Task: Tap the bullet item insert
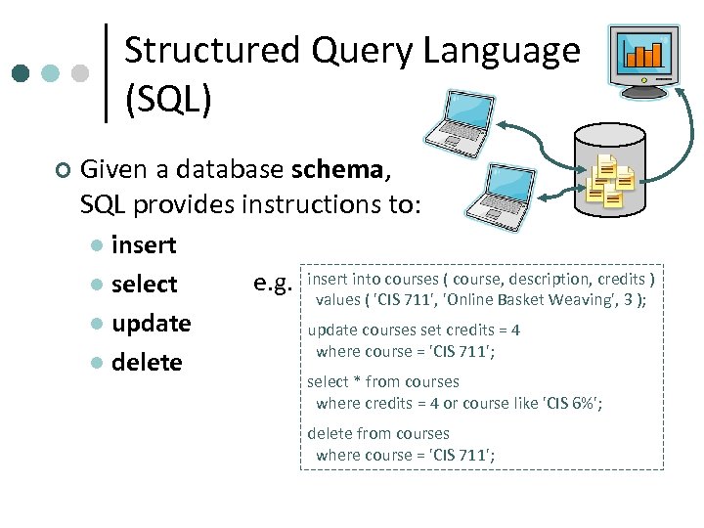click(144, 244)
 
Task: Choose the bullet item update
click(151, 323)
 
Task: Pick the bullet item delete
click(147, 362)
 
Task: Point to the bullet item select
click(144, 284)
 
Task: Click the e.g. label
click(273, 283)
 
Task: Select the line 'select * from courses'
click(383, 381)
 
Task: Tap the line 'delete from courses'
click(378, 433)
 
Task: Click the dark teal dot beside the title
click(22, 73)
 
